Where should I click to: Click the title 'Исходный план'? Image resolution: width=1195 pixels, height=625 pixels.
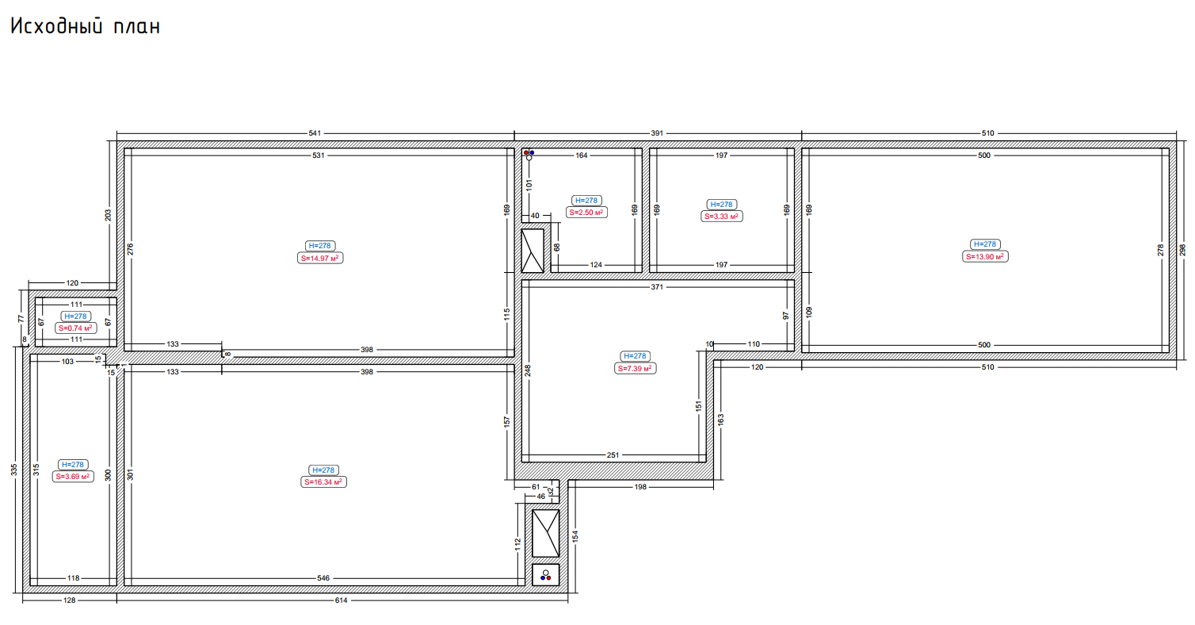tap(86, 26)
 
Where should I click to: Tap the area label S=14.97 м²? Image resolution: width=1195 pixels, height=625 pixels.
tap(320, 259)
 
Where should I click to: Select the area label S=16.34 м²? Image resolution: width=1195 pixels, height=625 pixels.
tap(323, 482)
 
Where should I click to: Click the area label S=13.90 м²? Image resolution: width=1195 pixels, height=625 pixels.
tap(985, 257)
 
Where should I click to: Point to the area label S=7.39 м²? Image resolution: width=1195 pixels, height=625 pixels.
tap(635, 368)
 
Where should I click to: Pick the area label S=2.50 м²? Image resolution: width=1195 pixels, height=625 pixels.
tap(586, 213)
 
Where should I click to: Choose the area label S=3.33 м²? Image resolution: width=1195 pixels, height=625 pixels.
tap(721, 217)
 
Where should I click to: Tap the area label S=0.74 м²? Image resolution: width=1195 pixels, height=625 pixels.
tap(76, 328)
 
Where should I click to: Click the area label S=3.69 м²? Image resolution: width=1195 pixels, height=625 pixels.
tap(73, 477)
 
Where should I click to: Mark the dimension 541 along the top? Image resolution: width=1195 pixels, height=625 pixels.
tap(315, 133)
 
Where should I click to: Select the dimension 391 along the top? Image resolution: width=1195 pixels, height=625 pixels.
tap(657, 133)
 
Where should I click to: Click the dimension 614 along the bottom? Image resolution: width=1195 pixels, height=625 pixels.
tap(341, 600)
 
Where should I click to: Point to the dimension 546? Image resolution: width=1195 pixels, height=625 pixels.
tap(323, 578)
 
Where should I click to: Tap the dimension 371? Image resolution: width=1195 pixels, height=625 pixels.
tap(657, 287)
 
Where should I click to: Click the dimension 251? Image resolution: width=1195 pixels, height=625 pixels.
tap(613, 455)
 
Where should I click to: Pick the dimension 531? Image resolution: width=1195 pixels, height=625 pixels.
tap(318, 155)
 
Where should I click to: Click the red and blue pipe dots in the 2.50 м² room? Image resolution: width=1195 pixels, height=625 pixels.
tap(529, 152)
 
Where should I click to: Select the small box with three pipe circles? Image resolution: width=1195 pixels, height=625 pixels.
tap(546, 575)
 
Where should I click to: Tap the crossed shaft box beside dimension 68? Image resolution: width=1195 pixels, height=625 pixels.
tap(533, 251)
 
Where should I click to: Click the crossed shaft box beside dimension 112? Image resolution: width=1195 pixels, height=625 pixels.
tap(546, 534)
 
